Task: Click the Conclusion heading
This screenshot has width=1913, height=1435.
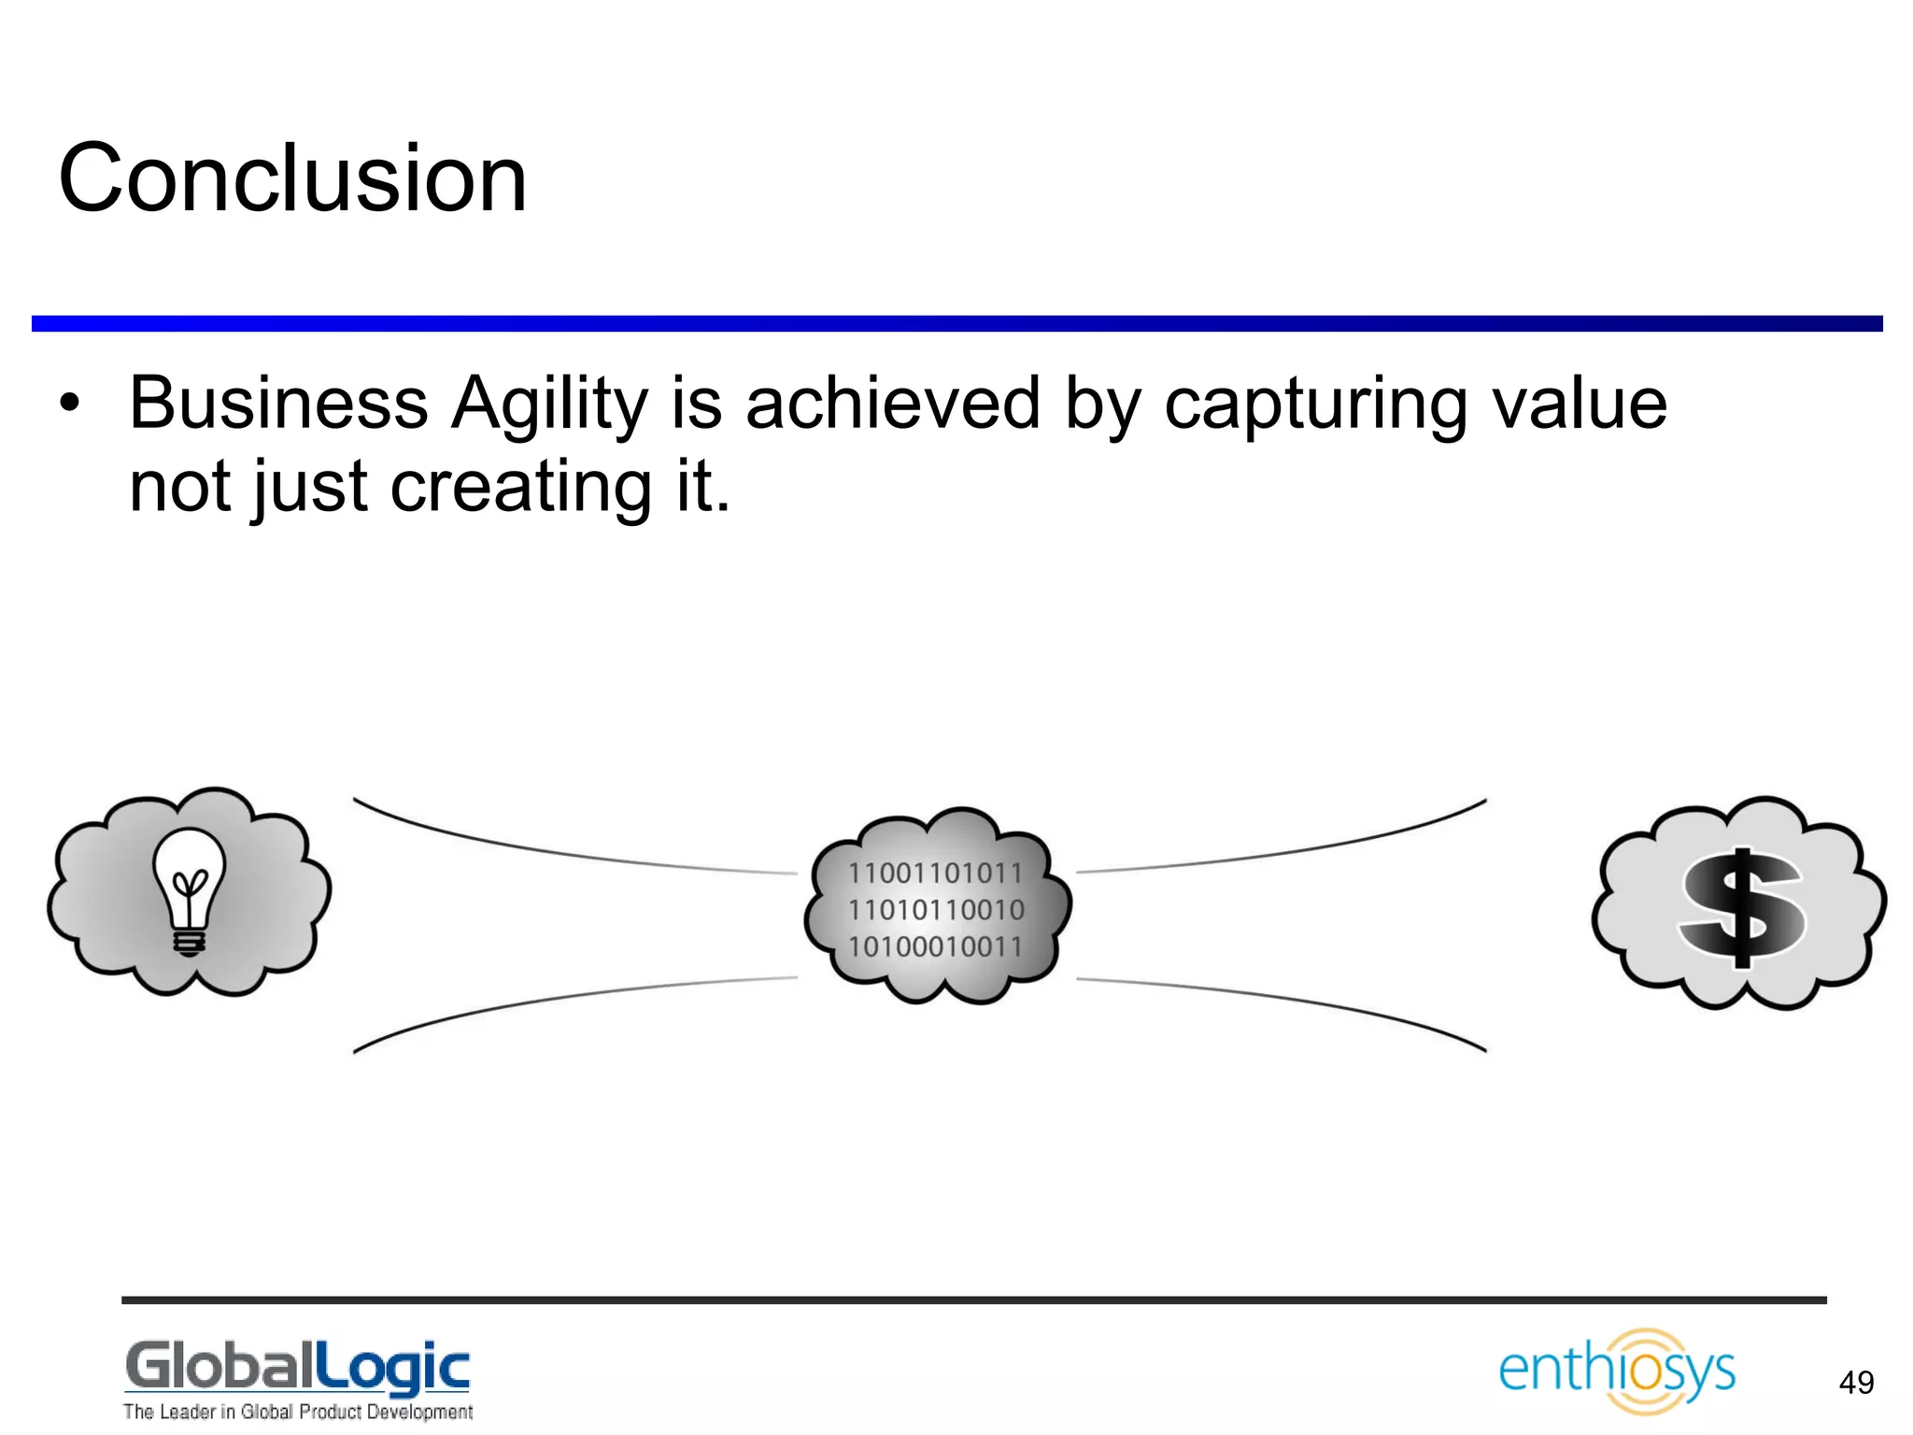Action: point(292,178)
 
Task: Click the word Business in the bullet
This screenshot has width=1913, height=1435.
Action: point(278,404)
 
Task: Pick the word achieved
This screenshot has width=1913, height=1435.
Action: point(893,404)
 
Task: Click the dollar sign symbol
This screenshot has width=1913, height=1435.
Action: point(1742,907)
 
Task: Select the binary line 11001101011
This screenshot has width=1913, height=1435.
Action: point(936,874)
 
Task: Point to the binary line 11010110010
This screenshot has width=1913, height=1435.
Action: point(936,910)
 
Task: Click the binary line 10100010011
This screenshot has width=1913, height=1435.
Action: point(936,946)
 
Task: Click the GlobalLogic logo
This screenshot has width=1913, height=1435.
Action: point(297,1368)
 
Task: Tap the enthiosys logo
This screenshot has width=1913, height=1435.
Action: point(1617,1371)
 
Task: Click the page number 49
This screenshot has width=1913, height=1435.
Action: point(1855,1383)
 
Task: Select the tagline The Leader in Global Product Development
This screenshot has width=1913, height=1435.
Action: point(298,1412)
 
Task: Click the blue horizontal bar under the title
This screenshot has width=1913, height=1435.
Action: point(956,323)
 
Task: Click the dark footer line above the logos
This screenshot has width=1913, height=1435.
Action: point(973,1300)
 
